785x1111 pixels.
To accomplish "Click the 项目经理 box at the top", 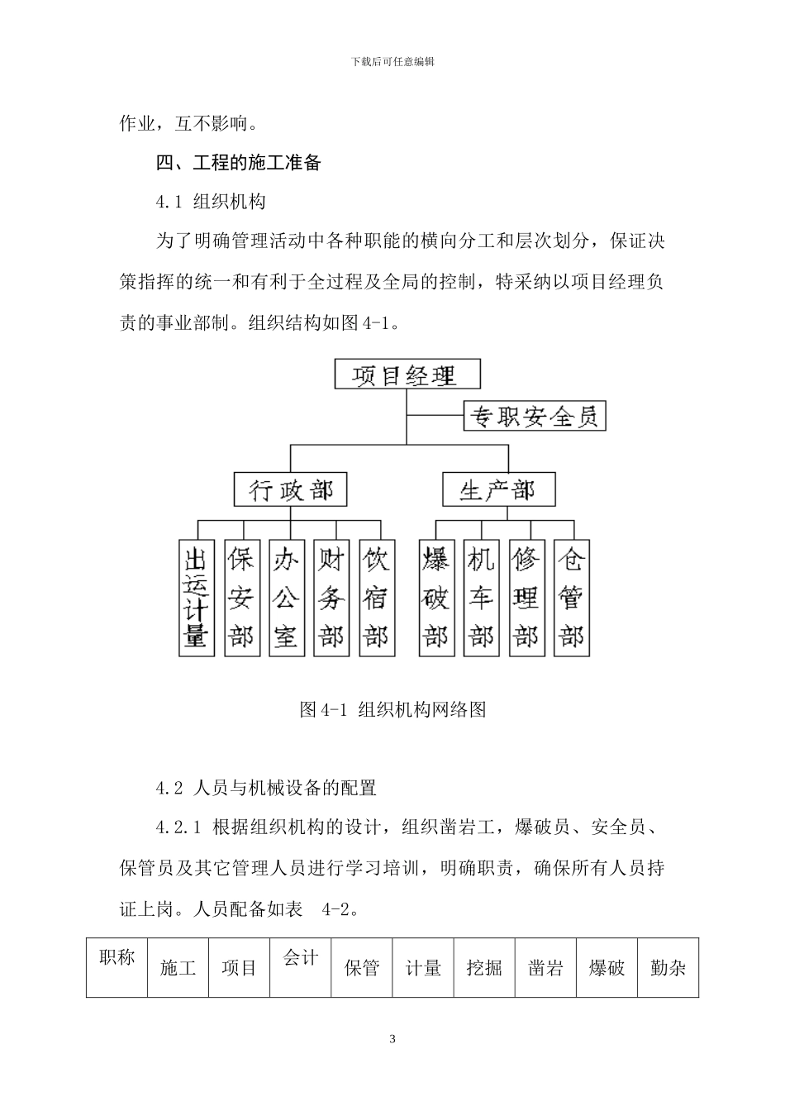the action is [x=407, y=374].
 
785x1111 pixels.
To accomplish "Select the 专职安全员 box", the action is [x=535, y=415].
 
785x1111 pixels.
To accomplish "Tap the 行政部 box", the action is [x=290, y=489].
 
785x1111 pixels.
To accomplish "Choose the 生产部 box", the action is [x=498, y=489].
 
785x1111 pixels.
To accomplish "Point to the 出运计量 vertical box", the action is [x=196, y=598].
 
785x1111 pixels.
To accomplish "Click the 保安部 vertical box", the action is [x=241, y=598].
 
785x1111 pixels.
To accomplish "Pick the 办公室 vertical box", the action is [x=286, y=598].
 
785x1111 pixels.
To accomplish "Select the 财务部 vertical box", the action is [x=331, y=598].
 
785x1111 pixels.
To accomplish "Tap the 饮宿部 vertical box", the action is [x=376, y=598].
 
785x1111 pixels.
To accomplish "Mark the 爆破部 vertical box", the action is [x=436, y=598].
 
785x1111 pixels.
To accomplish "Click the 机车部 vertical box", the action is [x=481, y=598].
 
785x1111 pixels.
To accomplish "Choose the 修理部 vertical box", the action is [x=526, y=598].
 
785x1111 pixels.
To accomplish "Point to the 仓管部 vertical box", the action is [x=571, y=598].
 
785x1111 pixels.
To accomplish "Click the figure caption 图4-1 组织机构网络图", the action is [x=392, y=709].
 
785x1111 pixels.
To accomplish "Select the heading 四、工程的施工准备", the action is [x=239, y=163].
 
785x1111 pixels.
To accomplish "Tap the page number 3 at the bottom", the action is [x=392, y=1039].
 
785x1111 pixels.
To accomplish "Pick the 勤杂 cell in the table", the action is [x=668, y=968].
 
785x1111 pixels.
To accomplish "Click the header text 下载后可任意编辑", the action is [x=392, y=62].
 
